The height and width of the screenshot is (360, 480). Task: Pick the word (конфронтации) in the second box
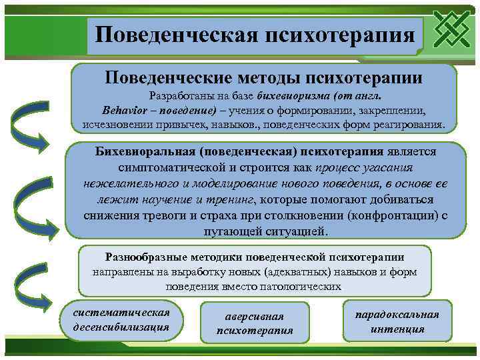389,215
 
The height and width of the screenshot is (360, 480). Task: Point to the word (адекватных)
293,272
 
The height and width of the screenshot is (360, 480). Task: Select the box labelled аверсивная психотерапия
255,324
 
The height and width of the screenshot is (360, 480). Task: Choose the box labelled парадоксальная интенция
397,321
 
